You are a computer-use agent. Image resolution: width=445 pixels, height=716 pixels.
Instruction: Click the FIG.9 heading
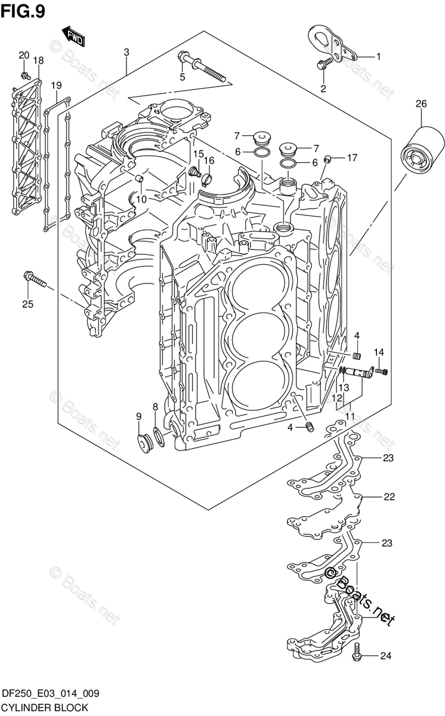point(23,12)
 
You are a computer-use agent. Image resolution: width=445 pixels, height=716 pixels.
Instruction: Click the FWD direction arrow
point(74,37)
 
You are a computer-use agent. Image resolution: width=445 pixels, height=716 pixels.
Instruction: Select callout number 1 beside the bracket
point(378,57)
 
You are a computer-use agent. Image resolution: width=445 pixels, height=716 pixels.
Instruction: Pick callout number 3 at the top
point(126,52)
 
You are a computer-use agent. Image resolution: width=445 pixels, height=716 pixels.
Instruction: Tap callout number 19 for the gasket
point(56,85)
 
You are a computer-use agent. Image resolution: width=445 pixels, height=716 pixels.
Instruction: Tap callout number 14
point(379,352)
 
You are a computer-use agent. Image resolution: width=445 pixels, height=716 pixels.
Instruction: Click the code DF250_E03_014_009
point(51,693)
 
